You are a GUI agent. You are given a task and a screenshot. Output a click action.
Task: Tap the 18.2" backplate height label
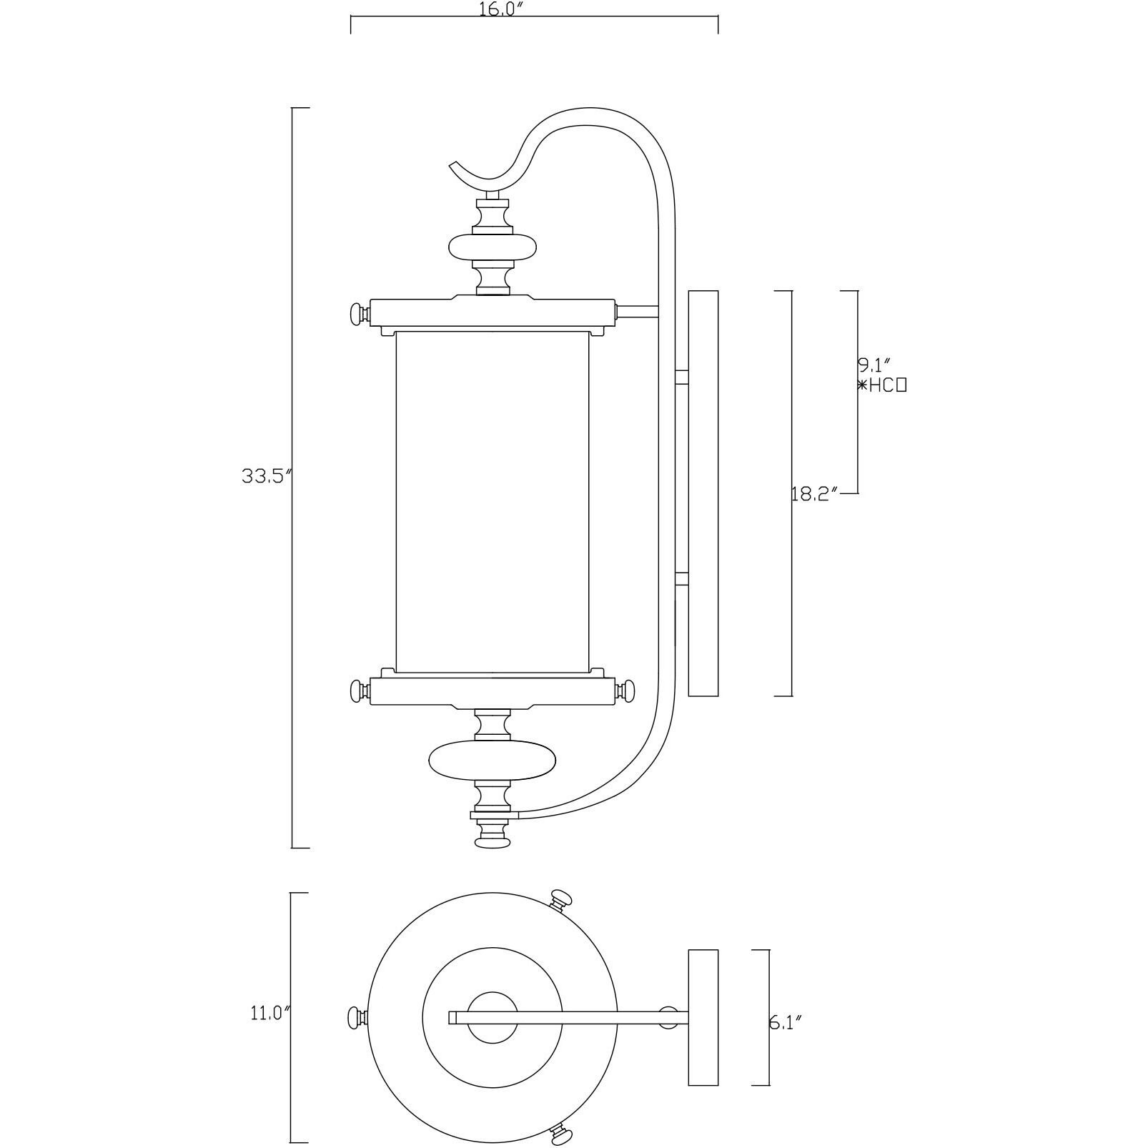[814, 495]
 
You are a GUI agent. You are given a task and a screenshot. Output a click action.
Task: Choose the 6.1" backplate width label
[785, 1022]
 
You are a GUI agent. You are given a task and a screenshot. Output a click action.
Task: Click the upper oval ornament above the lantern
[493, 247]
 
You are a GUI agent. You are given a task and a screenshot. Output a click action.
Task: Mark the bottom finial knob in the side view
[493, 843]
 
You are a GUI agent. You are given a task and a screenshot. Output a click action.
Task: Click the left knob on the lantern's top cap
[357, 312]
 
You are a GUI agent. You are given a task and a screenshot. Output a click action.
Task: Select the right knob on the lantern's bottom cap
[628, 691]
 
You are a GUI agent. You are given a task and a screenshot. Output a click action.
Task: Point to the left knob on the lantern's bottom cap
[357, 691]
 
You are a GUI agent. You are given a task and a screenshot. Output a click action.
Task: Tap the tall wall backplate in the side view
[702, 493]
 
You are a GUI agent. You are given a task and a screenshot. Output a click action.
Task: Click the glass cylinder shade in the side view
[492, 500]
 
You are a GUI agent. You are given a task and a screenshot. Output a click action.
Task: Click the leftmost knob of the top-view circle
[355, 1017]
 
